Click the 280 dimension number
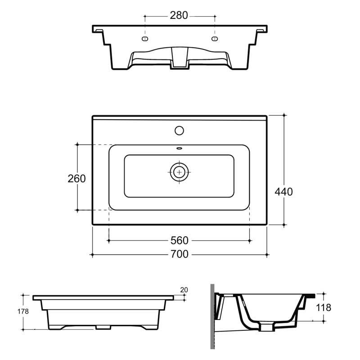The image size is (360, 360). [x=179, y=15]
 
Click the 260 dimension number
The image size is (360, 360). [x=76, y=178]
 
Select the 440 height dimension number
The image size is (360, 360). [x=283, y=192]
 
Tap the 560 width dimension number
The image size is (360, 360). [x=179, y=241]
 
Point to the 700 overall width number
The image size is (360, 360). [x=179, y=255]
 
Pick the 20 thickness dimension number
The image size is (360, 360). [x=184, y=290]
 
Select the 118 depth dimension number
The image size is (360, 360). [x=324, y=308]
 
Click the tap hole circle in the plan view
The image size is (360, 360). [x=179, y=131]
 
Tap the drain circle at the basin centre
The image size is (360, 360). [x=179, y=171]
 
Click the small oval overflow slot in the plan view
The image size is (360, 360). [x=179, y=148]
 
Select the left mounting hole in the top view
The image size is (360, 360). [x=145, y=39]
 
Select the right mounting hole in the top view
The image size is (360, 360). [x=214, y=39]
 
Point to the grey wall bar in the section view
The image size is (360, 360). [x=212, y=317]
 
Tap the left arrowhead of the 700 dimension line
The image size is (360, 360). [x=93, y=255]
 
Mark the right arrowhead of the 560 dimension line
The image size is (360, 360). [x=249, y=241]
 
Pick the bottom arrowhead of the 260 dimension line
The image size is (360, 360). [x=77, y=209]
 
